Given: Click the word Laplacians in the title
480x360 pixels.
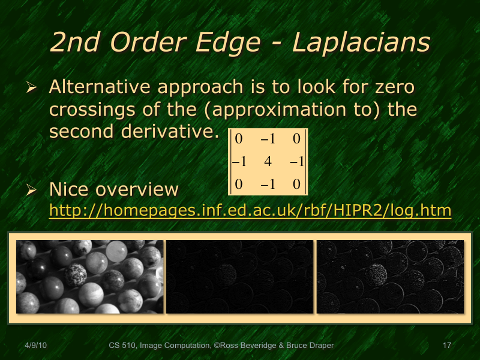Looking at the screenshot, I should pyautogui.click(x=361, y=43).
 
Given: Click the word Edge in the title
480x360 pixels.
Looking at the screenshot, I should pyautogui.click(x=232, y=43).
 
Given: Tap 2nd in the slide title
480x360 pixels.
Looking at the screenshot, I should pyautogui.click(x=76, y=43).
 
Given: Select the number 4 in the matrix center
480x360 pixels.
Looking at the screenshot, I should pyautogui.click(x=268, y=161).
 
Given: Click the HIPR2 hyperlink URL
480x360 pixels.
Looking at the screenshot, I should pyautogui.click(x=250, y=211).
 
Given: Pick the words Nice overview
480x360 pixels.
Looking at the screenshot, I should pyautogui.click(x=113, y=190).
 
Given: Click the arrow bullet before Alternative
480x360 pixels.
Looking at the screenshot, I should pyautogui.click(x=32, y=88).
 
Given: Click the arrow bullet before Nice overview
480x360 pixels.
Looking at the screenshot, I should pyautogui.click(x=32, y=190).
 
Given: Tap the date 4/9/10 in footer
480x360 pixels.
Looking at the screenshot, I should pyautogui.click(x=36, y=346).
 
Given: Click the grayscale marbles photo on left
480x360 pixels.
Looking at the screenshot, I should pyautogui.click(x=89, y=277).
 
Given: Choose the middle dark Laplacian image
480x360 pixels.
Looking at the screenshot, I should pyautogui.click(x=239, y=277).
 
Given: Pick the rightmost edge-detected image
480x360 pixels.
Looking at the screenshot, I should pyautogui.click(x=390, y=277).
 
